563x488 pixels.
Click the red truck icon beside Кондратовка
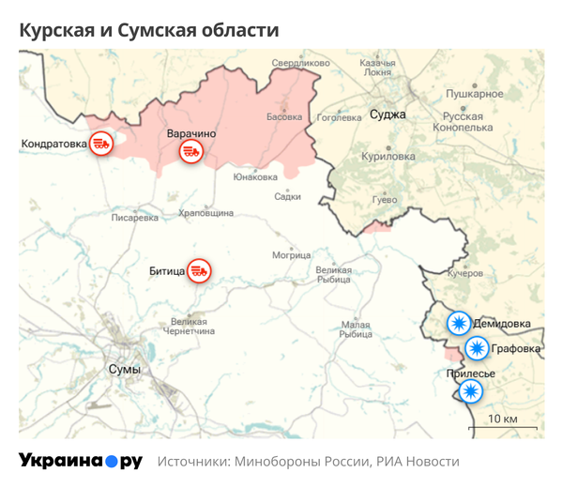101,144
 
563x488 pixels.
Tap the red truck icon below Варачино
191,151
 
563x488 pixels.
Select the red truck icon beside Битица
199,271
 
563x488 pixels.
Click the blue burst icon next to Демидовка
459,324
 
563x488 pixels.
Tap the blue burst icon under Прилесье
470,392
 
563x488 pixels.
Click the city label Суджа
388,114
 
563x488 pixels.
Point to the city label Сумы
124,369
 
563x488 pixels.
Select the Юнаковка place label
255,176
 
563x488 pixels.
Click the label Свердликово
300,63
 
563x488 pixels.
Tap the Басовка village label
284,117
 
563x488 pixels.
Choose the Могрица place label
291,255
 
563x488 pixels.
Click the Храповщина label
205,213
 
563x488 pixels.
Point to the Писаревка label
135,218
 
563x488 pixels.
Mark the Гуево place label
385,200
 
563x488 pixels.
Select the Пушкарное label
474,94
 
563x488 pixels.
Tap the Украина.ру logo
81,461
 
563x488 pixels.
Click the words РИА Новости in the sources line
417,462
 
